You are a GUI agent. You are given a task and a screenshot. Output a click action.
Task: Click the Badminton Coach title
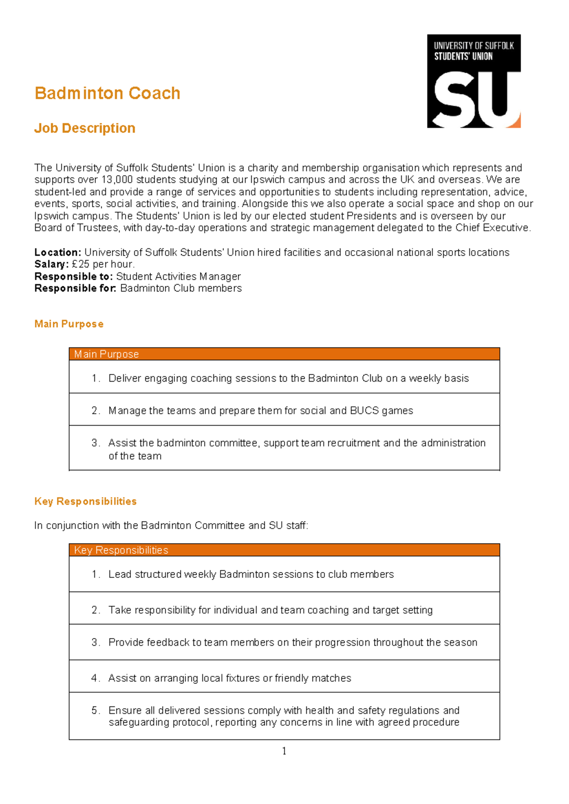107,93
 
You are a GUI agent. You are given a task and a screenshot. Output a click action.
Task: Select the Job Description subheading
84,128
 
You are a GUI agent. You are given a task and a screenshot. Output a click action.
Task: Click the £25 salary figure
81,265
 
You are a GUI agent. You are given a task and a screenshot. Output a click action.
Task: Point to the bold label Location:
58,253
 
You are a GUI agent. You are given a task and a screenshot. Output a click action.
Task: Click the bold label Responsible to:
73,277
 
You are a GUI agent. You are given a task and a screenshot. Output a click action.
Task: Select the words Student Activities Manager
178,277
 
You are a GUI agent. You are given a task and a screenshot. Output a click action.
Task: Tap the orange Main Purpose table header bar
284,354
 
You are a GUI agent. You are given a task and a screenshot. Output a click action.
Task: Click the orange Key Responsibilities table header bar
284,550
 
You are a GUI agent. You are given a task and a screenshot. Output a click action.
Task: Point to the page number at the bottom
284,751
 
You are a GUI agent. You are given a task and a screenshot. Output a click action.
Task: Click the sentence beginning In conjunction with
171,526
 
